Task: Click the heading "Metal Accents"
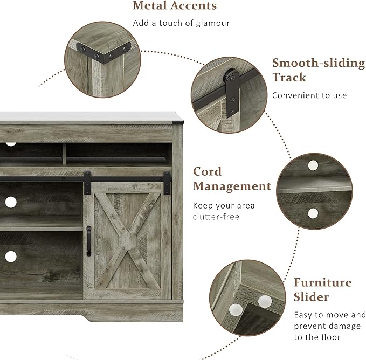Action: coord(175,6)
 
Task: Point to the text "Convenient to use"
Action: coord(309,95)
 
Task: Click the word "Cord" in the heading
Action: coord(208,172)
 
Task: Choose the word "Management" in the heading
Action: coord(232,186)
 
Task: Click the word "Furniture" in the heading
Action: coord(322,282)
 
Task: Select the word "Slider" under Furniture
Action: coord(311,297)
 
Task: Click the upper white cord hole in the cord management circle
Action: coord(313,165)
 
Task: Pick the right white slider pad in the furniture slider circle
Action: coord(264,301)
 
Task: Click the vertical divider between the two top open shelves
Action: coord(63,154)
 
